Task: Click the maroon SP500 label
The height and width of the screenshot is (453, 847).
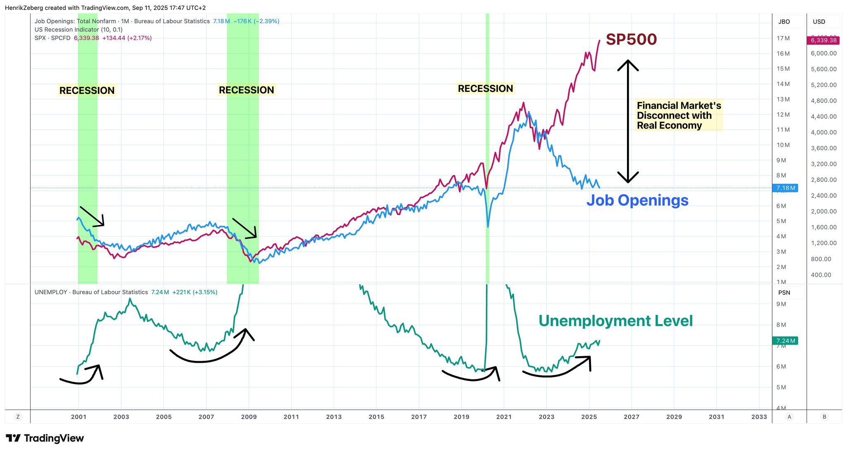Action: coord(631,39)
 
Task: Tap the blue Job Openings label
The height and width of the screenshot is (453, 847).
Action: coord(637,200)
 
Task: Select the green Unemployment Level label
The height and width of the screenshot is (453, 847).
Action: coord(615,321)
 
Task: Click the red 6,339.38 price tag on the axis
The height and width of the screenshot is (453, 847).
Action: coord(823,40)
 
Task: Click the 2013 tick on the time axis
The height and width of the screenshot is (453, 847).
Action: coord(334,417)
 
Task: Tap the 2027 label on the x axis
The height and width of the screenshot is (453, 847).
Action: coord(632,417)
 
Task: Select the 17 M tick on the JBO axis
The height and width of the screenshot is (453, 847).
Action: coord(783,38)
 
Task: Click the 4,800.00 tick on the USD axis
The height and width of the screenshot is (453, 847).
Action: coord(823,101)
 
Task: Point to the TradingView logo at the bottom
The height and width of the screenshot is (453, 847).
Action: coord(45,438)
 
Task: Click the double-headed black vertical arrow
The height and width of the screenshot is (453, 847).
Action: coord(628,121)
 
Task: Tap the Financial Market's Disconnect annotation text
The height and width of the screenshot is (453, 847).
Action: coord(678,115)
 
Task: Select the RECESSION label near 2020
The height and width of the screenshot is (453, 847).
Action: coord(485,89)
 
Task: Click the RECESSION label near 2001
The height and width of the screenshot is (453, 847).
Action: coord(87,91)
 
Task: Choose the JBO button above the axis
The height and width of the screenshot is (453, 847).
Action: coord(784,22)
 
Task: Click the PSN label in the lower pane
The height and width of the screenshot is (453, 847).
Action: coord(784,292)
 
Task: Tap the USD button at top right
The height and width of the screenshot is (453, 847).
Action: coord(819,22)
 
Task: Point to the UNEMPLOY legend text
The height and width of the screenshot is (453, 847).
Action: coord(91,292)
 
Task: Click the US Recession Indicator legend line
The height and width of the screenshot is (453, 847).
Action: coord(79,30)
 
